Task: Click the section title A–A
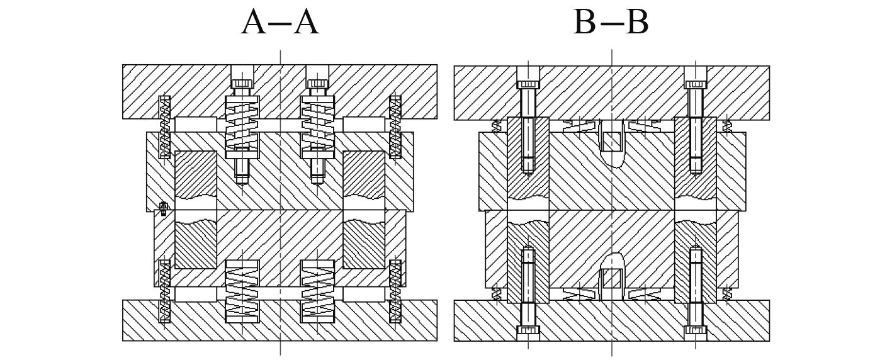[x=280, y=23]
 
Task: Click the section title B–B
[x=611, y=23]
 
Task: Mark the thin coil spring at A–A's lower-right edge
[x=395, y=291]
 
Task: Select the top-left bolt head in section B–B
[x=528, y=82]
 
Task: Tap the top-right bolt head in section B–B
[x=695, y=82]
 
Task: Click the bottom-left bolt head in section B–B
[x=528, y=330]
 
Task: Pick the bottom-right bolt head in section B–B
[x=695, y=330]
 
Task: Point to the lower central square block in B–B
[x=612, y=278]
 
